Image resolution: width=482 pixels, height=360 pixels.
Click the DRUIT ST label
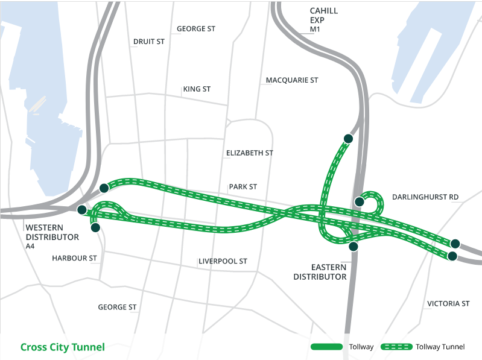tap(148, 42)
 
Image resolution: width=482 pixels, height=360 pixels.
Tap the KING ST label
tap(197, 89)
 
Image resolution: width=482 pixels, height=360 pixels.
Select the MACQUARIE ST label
tap(291, 80)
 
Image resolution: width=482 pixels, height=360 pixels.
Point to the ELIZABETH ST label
tap(250, 153)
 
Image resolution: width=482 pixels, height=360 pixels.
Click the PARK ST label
tap(243, 187)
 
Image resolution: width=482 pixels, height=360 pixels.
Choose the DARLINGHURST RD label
tap(425, 197)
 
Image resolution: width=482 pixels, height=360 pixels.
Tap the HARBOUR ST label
tap(74, 258)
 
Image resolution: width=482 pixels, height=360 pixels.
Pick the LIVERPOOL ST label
tap(223, 262)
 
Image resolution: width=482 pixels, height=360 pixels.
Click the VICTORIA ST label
tap(448, 304)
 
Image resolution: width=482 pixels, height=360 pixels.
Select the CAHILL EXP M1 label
tap(323, 20)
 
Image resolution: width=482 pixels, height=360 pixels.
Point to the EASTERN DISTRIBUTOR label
tap(320, 272)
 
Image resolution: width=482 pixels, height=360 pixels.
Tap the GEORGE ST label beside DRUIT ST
tap(195, 29)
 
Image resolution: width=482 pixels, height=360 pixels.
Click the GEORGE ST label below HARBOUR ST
tap(117, 308)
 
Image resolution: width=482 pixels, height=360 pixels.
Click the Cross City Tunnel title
tap(62, 347)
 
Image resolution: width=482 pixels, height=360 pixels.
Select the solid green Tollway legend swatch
tap(327, 347)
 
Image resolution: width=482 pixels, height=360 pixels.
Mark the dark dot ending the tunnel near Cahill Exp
tap(347, 139)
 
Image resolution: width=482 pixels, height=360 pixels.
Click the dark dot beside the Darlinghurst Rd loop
tap(359, 201)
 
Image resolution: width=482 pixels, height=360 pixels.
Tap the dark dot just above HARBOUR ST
tap(95, 227)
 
